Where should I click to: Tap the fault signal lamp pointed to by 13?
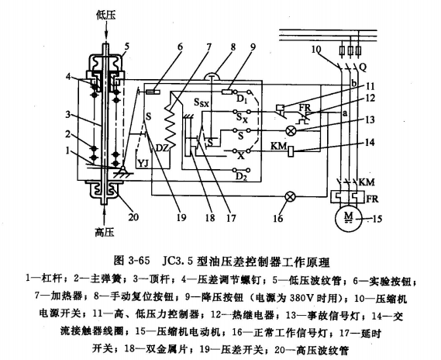[290, 130]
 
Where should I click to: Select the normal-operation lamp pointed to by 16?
[290, 196]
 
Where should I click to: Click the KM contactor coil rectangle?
[291, 151]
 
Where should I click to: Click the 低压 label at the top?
[106, 16]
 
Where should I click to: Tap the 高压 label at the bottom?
[105, 233]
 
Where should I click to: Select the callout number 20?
[133, 217]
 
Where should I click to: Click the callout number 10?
[316, 49]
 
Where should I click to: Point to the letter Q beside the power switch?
[363, 67]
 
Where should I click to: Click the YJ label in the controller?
[143, 163]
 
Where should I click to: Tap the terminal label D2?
[241, 177]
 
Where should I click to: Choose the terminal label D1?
[240, 99]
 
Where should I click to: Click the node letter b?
[354, 84]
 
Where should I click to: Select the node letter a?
[345, 113]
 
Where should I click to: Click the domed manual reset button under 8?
[212, 76]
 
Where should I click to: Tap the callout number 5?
[126, 47]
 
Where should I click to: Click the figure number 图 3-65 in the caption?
[132, 261]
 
